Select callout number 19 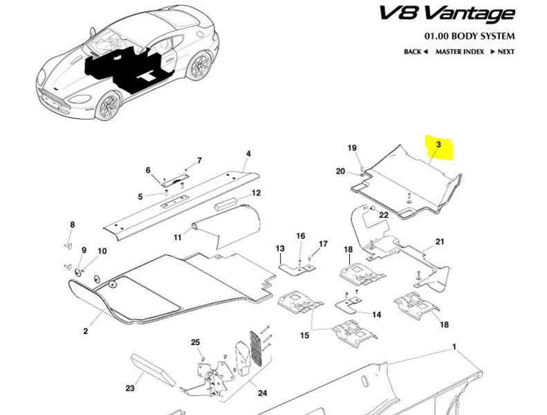[x=351, y=148]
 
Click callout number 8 [x=72, y=225]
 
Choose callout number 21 [x=439, y=242]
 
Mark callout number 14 [x=376, y=315]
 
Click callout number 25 [x=195, y=343]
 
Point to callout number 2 [x=86, y=331]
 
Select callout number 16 [x=301, y=237]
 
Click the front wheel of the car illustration [x=108, y=106]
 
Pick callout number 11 [x=177, y=237]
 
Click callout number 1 [x=455, y=345]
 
